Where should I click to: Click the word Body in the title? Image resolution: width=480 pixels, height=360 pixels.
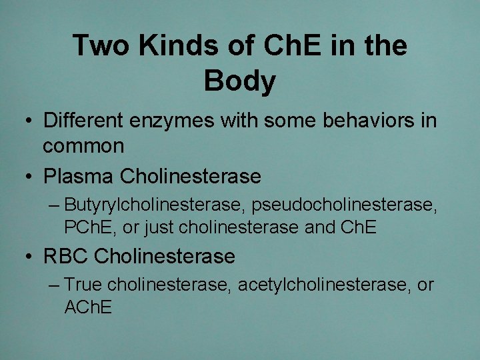(239, 81)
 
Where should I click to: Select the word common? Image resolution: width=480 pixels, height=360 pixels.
(83, 146)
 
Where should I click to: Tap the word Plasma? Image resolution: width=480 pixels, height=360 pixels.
(79, 177)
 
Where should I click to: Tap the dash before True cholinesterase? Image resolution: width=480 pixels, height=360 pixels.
(55, 285)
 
